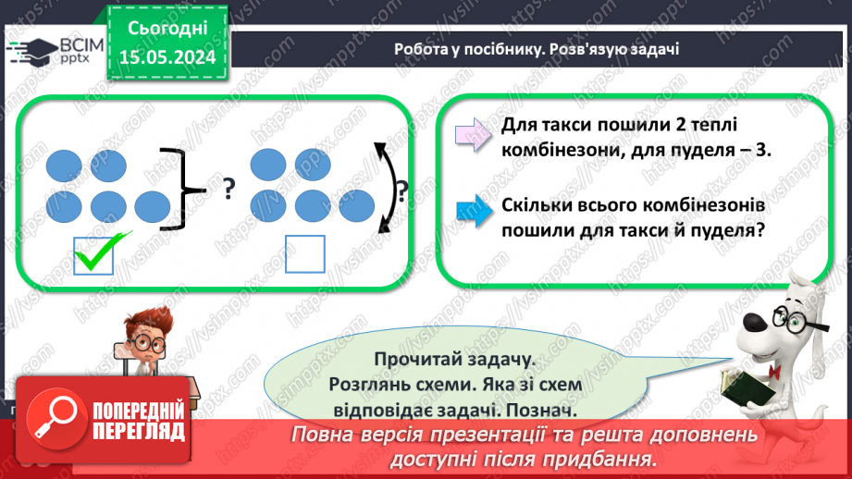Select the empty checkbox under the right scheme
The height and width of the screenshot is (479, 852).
pyautogui.click(x=304, y=254)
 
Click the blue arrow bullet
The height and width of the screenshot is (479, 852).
pyautogui.click(x=474, y=211)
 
